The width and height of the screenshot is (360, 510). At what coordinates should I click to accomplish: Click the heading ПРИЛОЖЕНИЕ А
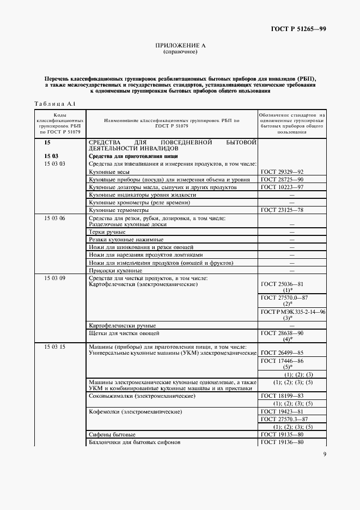[180, 46]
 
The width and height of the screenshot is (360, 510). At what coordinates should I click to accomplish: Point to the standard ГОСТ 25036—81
[282, 284]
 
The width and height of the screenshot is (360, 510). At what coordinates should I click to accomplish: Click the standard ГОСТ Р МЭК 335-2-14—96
[292, 311]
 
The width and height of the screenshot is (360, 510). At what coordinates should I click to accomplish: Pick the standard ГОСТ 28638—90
[282, 332]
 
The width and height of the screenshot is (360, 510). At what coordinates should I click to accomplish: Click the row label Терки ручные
[107, 232]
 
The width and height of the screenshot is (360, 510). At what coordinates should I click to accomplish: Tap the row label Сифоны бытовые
[112, 434]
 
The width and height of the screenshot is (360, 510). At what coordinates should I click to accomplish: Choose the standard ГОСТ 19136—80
[282, 442]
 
